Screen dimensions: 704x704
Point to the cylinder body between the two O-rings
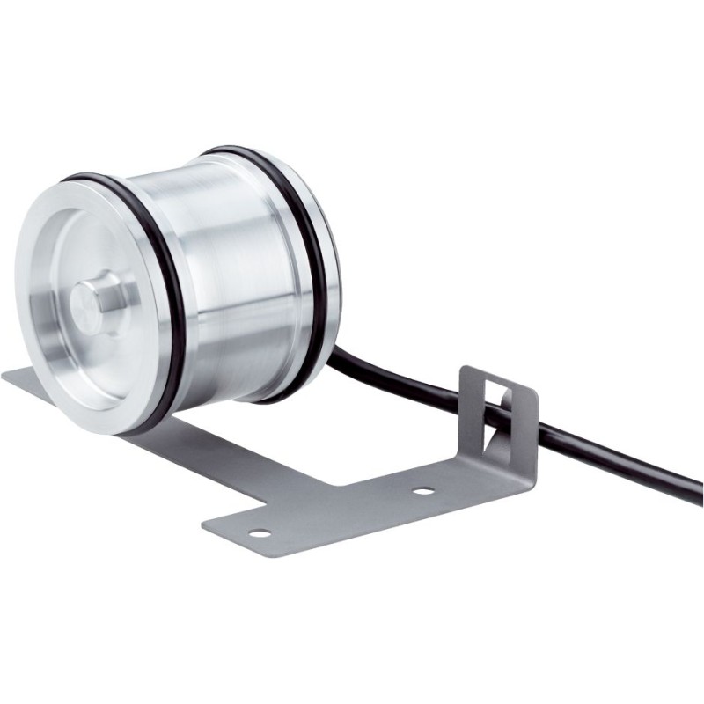coord(238,264)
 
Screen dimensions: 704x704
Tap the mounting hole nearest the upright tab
coord(423,490)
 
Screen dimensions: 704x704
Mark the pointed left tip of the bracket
coord(7,376)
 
